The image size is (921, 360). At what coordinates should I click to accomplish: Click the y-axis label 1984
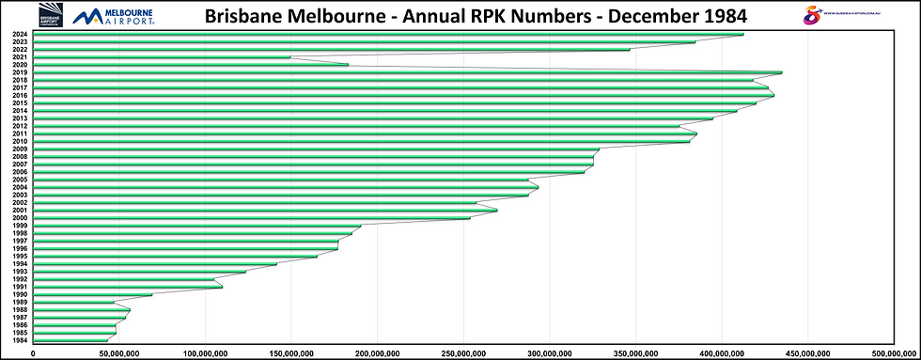20,340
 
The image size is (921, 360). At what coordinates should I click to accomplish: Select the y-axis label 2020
20,65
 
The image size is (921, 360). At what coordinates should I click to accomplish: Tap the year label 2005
20,180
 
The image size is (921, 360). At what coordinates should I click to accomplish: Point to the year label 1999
20,226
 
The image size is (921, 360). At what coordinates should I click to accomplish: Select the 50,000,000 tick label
119,353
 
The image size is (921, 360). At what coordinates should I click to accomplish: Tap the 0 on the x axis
34,353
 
